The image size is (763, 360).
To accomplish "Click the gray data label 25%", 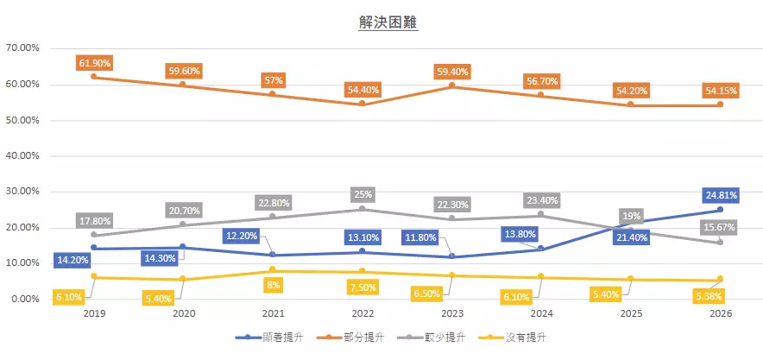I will coord(362,194).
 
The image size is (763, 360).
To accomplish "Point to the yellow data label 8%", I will coord(274,284).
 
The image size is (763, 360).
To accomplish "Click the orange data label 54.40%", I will coord(362,89).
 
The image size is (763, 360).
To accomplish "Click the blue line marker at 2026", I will coord(720,210).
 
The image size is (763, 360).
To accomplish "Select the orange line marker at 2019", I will coord(93,77).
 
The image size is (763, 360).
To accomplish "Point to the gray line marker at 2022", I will coord(362,209).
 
